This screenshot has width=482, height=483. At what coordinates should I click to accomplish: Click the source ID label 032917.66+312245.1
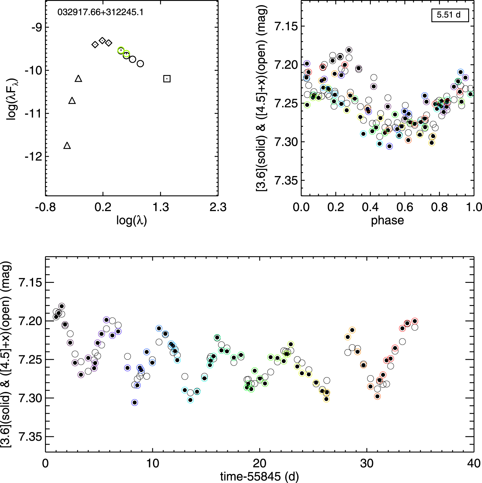(x=100, y=13)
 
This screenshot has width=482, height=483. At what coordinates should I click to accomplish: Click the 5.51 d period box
(x=450, y=15)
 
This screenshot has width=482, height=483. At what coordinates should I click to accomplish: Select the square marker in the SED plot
(x=167, y=79)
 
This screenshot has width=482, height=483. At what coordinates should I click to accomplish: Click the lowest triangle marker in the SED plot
(x=67, y=146)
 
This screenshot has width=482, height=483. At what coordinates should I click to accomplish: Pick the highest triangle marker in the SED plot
(x=78, y=79)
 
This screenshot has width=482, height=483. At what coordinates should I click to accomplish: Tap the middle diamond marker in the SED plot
(x=103, y=41)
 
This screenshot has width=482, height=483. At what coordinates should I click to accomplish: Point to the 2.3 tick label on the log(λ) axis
(x=218, y=207)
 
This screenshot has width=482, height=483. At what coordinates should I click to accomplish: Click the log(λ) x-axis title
(x=131, y=220)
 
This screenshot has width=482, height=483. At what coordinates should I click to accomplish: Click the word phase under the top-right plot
(x=387, y=220)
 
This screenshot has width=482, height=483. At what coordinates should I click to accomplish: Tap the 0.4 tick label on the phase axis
(x=370, y=207)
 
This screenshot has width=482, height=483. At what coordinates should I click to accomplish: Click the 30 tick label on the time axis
(x=367, y=464)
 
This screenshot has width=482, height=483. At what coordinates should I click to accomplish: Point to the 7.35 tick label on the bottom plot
(x=30, y=437)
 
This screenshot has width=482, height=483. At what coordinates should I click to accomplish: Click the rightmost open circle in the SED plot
(x=140, y=64)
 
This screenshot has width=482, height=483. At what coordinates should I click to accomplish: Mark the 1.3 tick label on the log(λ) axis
(x=161, y=207)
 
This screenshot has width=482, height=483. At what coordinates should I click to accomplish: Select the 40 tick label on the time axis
(x=474, y=464)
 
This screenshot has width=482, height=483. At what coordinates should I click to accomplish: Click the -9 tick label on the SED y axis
(x=36, y=27)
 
